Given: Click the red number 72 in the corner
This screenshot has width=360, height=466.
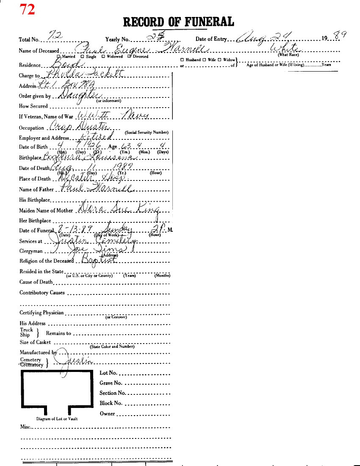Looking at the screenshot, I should (x=27, y=9).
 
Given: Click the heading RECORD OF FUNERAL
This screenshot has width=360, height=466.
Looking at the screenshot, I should (x=178, y=22).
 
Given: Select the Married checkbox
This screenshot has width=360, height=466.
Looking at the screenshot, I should (x=58, y=56).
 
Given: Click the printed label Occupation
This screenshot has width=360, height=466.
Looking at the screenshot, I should (x=31, y=128).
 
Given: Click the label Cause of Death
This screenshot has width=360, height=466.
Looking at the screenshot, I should (x=36, y=282).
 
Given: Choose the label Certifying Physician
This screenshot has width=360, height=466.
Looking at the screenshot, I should (x=42, y=313).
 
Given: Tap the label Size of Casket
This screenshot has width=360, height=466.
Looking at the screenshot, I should (x=35, y=342).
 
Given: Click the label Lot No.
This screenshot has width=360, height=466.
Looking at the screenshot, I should (x=108, y=373).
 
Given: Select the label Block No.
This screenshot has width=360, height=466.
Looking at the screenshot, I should (x=111, y=403).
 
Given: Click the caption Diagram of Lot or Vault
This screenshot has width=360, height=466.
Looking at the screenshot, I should (x=57, y=419).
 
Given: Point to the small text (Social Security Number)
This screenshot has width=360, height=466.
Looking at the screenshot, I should (x=147, y=132).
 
